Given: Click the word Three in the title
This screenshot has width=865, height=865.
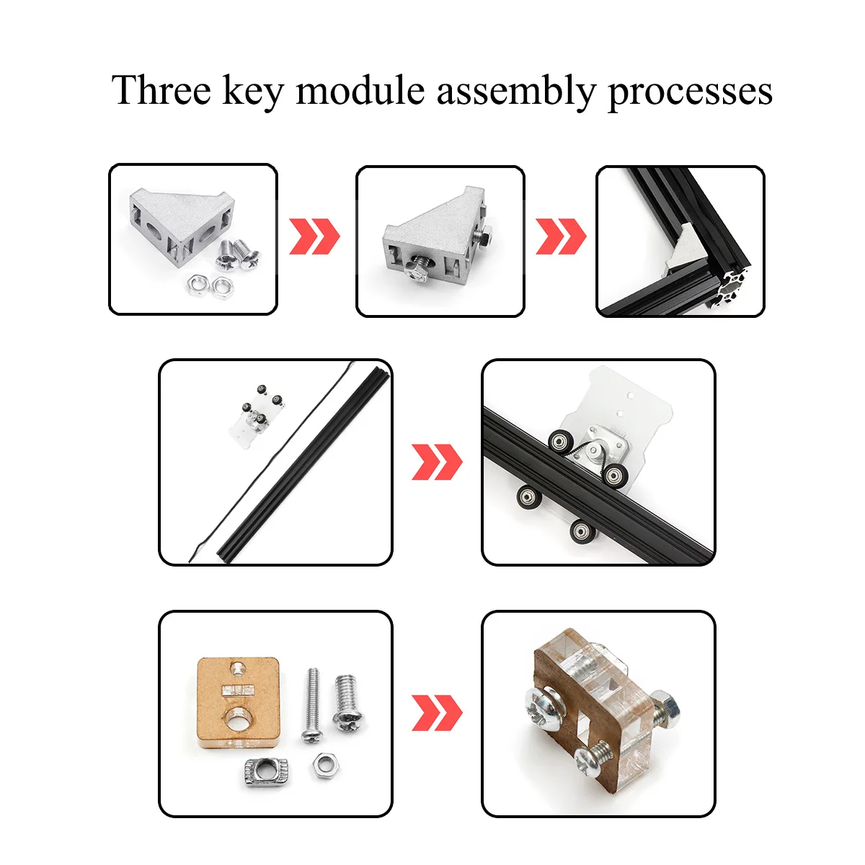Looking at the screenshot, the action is (161, 90).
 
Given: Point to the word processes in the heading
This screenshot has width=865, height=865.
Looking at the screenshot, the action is (690, 94).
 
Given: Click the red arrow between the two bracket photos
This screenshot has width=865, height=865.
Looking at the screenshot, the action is (314, 236).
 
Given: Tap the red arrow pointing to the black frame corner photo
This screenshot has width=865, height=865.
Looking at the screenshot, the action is (561, 236).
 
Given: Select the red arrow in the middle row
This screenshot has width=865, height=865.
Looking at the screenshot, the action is (437, 462).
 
